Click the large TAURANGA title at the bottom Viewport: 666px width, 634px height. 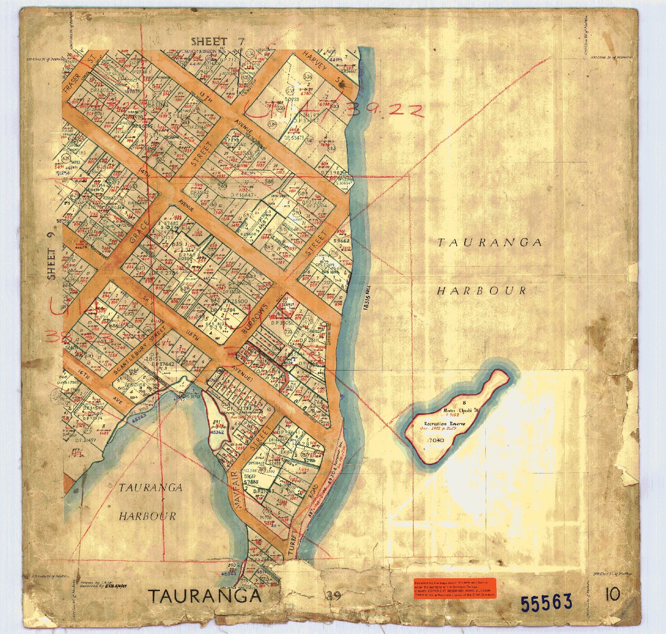pos(205,596)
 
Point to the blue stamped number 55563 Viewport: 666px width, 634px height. pos(546,603)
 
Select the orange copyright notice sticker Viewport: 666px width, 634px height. pos(454,588)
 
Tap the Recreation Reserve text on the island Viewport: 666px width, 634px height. pos(444,423)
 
